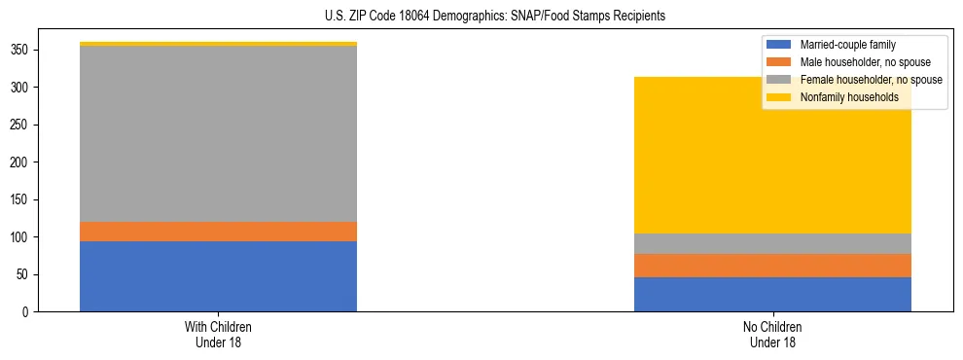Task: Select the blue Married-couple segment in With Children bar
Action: [x=218, y=276]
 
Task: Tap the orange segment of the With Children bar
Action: [x=218, y=232]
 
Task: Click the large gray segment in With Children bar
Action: [x=218, y=134]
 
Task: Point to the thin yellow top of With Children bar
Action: [x=218, y=44]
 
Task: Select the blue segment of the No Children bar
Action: [x=772, y=294]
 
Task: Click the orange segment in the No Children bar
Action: [x=772, y=266]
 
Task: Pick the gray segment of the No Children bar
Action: [x=772, y=243]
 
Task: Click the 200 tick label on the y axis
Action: [x=25, y=162]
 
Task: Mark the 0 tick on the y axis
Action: [x=31, y=312]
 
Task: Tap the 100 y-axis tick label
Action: [x=25, y=237]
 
